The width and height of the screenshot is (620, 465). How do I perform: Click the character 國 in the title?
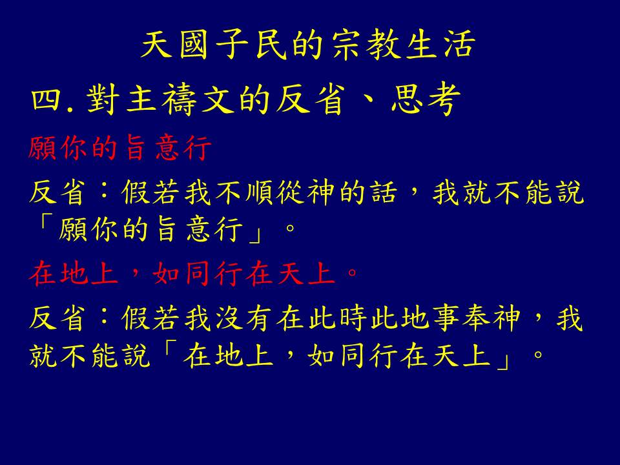(x=194, y=45)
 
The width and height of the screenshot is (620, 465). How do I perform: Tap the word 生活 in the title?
(x=441, y=45)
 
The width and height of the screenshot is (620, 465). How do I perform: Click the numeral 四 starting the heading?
(x=47, y=99)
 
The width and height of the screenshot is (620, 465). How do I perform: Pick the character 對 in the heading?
(x=103, y=99)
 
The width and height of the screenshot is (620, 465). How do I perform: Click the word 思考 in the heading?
(x=426, y=99)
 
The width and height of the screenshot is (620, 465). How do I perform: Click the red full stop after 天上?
(x=351, y=273)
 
